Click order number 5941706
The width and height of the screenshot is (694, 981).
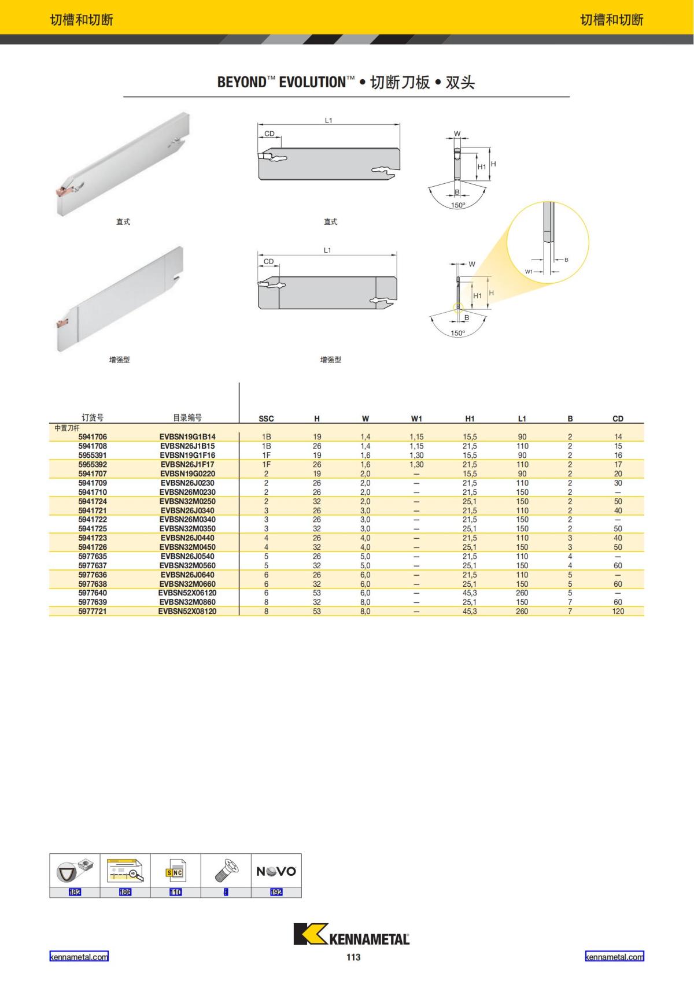tap(93, 437)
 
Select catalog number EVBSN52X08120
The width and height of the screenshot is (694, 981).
tap(187, 611)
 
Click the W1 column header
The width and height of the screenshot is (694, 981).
tap(416, 419)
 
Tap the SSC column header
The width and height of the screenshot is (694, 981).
tap(266, 419)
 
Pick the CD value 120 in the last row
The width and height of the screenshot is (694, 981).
tap(618, 611)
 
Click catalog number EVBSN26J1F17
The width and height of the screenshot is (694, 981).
tap(187, 464)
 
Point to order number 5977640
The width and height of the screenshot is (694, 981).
tap(93, 593)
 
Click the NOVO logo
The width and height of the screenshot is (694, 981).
tap(276, 871)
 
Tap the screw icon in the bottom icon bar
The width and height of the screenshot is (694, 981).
tap(226, 871)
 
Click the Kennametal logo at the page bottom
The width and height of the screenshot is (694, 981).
tap(352, 935)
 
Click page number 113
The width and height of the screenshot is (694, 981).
tap(353, 957)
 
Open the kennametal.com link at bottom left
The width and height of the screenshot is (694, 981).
tap(79, 957)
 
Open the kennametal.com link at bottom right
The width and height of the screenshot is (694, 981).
tap(614, 957)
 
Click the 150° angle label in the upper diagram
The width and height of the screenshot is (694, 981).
tap(458, 205)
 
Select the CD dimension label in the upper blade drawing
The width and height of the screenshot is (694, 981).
tap(270, 134)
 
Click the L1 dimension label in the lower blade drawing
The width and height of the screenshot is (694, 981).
tap(327, 250)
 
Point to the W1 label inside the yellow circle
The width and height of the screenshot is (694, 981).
tap(529, 271)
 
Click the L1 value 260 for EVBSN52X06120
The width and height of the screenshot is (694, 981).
tap(522, 593)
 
